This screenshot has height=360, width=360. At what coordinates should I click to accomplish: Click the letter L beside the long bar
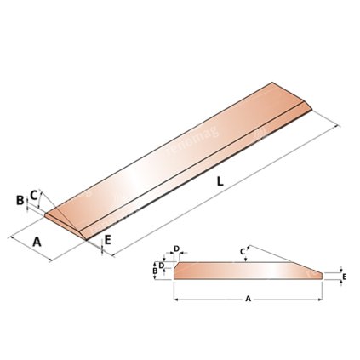point(220,180)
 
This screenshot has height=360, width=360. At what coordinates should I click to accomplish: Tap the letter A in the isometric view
point(37,242)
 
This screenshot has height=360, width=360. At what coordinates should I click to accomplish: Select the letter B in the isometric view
point(20,201)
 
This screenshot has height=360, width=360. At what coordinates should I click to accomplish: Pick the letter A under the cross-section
point(248,300)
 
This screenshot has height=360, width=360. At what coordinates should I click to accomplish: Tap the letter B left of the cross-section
point(155,271)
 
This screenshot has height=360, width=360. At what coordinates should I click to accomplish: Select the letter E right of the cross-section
point(344,277)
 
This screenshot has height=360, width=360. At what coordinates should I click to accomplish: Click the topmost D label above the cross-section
point(176,249)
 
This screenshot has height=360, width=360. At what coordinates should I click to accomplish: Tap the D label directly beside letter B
point(163,265)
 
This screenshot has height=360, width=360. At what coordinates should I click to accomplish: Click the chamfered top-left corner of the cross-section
point(176,264)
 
